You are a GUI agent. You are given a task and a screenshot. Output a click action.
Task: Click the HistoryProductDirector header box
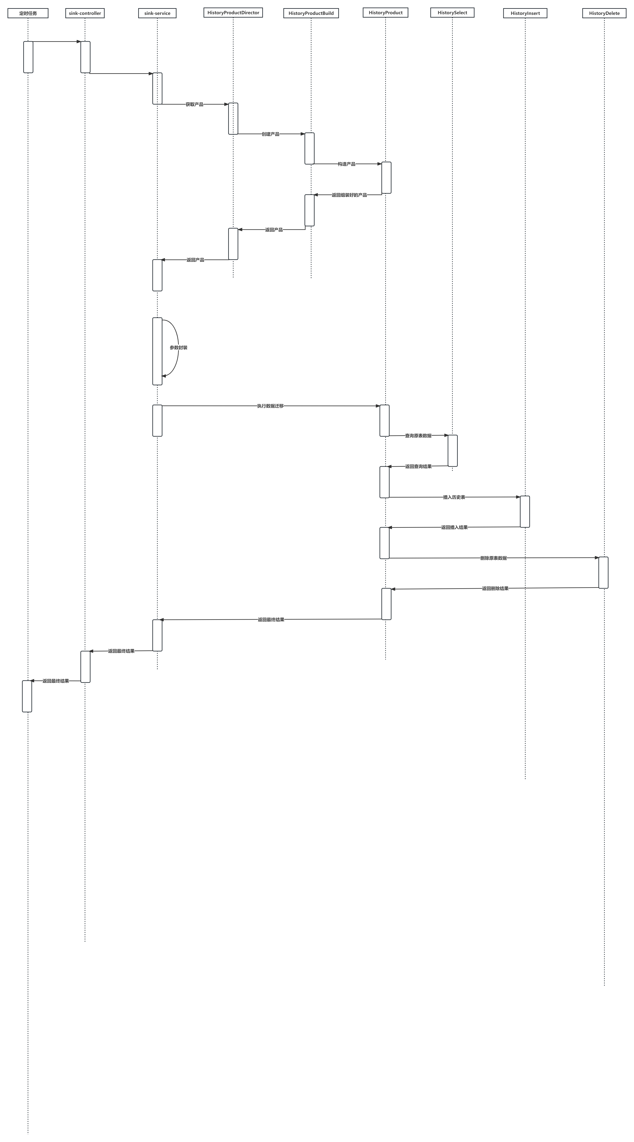click(x=233, y=12)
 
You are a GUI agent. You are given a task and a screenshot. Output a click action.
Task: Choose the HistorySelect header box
click(x=452, y=12)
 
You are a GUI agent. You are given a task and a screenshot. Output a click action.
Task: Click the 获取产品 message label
click(x=194, y=104)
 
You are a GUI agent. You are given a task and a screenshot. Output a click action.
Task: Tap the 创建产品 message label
click(x=270, y=134)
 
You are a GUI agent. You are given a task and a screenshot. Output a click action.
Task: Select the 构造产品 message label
click(x=346, y=164)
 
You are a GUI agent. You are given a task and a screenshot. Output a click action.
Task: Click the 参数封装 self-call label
click(x=178, y=348)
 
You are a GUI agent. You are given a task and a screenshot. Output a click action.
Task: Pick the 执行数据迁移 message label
click(x=270, y=406)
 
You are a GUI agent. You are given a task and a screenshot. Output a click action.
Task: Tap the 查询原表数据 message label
click(x=418, y=436)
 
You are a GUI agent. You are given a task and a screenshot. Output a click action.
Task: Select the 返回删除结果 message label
click(x=495, y=588)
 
